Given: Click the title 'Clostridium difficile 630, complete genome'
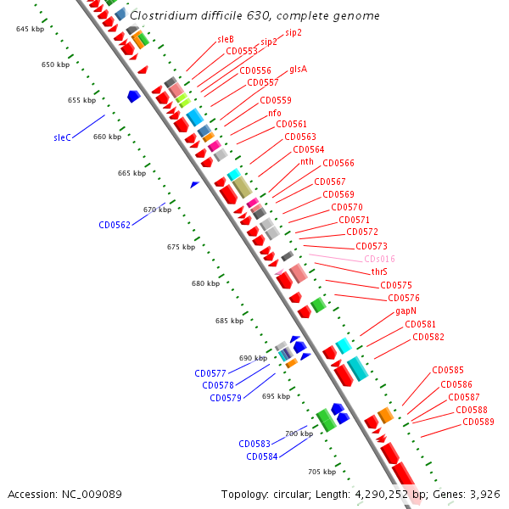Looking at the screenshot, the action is [x=255, y=15].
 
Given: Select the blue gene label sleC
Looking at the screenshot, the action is [x=62, y=137].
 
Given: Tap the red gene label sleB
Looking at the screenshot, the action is [x=226, y=39].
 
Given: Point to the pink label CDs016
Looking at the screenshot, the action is [x=379, y=259].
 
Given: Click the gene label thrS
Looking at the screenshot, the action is [x=379, y=272].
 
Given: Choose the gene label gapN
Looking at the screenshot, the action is [x=406, y=311].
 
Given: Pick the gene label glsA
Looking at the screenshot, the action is [x=298, y=70].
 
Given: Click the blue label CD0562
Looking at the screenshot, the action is [x=115, y=225].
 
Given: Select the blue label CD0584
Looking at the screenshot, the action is [x=262, y=456].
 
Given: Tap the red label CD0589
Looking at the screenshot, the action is [x=479, y=422].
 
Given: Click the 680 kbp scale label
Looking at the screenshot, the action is [x=206, y=283].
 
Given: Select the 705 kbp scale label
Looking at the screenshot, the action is [x=322, y=472].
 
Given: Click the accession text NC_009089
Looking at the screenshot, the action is [x=64, y=494].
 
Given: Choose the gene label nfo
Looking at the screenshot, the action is [x=275, y=113].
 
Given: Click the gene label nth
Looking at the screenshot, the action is [x=307, y=161].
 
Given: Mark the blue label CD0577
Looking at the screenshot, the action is [x=210, y=373].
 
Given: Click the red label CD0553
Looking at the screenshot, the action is [x=242, y=51].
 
